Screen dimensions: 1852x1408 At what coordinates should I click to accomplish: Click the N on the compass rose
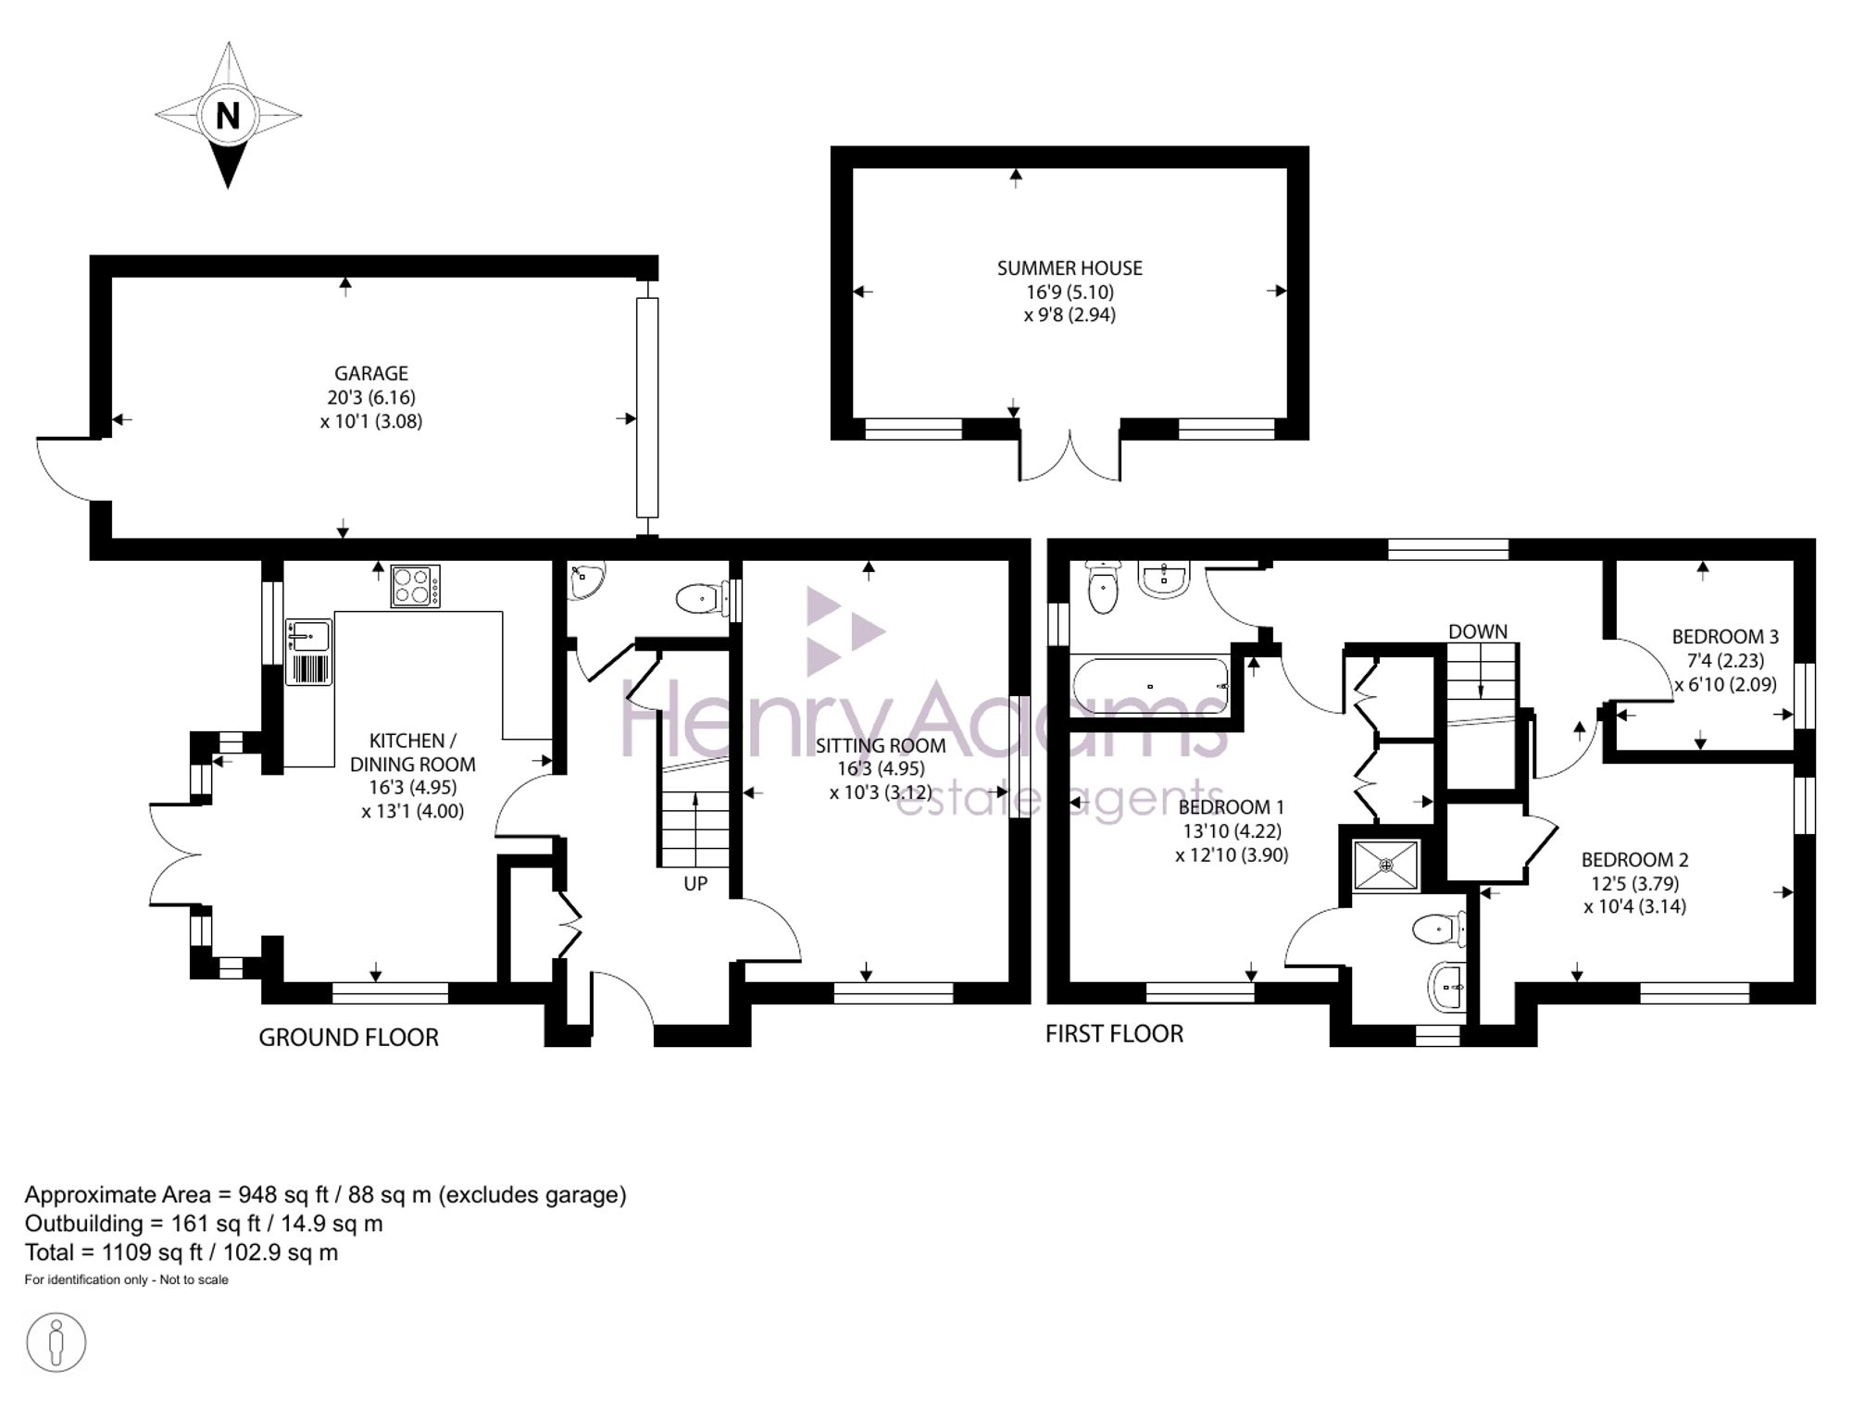point(228,116)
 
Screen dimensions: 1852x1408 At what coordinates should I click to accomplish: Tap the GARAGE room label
point(371,374)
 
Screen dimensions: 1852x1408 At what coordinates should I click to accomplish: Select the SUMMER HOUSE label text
point(1070,268)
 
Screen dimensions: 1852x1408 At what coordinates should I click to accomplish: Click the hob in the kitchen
point(416,585)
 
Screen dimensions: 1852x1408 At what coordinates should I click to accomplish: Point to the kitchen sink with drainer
point(308,652)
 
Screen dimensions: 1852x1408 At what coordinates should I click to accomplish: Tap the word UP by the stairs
point(695,883)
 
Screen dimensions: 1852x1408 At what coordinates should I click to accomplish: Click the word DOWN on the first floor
point(1478,631)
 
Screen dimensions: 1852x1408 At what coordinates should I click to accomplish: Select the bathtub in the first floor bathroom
point(1151,686)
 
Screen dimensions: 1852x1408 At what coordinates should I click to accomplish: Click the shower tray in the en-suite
point(1386,866)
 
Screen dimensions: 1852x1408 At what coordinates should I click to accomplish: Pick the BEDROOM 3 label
point(1725,637)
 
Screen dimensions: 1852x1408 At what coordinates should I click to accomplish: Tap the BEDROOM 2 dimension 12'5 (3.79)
point(1635,883)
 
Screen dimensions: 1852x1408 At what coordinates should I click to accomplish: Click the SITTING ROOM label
point(881,745)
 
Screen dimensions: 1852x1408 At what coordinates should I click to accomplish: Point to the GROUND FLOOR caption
point(348,1038)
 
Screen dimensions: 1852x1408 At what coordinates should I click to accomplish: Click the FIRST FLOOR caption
point(1114,1034)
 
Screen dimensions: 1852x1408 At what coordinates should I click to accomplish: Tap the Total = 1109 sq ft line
point(181,1252)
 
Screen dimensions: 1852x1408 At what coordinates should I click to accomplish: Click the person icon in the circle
point(56,1342)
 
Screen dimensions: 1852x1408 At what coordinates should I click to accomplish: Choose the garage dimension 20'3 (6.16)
point(371,397)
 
